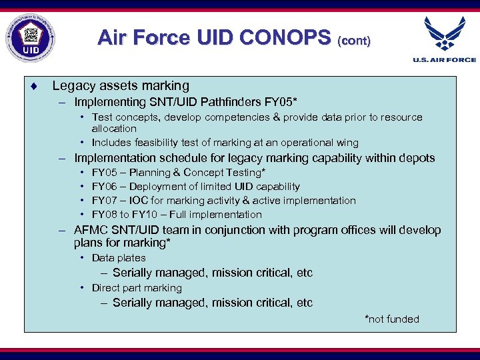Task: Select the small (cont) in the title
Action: click(x=354, y=41)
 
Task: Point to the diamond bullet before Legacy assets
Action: click(x=33, y=86)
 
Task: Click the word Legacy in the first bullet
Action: click(x=71, y=86)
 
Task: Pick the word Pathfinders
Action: click(x=229, y=102)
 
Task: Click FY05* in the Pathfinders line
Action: click(x=281, y=102)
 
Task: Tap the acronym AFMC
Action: click(x=91, y=230)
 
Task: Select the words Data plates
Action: click(x=119, y=258)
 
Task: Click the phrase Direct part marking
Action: click(x=137, y=288)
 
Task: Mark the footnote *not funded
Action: click(x=391, y=319)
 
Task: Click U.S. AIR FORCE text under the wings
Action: click(x=445, y=60)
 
